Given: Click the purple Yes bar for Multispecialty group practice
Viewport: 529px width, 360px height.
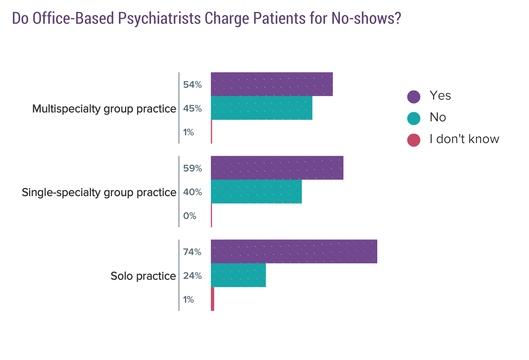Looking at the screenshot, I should [271, 84].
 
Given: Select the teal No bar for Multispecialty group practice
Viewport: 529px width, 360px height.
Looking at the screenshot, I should [261, 108].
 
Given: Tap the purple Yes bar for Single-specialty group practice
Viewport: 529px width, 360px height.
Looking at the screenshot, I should [277, 168].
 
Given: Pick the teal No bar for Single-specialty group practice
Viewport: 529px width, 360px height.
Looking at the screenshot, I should [256, 191].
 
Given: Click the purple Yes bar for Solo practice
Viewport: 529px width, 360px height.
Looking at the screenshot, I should [294, 251].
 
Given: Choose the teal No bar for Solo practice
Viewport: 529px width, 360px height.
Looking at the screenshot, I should [238, 275].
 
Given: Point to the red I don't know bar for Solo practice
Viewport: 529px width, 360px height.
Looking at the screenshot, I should [212, 299].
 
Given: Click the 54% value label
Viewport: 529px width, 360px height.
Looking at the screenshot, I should [192, 85].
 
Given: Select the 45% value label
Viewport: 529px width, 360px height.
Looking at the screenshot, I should [192, 109].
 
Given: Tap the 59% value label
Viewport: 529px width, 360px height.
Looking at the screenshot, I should [192, 169].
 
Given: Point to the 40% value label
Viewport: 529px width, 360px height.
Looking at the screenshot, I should [192, 192].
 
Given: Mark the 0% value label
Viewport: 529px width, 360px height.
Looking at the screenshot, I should [190, 216].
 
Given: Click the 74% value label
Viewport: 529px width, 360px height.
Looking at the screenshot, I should [192, 252].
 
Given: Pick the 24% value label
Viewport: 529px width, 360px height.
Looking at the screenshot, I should [192, 276].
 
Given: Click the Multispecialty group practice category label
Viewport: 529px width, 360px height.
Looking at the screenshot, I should [104, 109].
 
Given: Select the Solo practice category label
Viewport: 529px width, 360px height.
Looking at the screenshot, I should [143, 276].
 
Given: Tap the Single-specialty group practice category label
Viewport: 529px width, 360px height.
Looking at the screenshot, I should [99, 193].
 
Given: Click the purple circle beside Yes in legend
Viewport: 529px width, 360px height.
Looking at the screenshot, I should [413, 96].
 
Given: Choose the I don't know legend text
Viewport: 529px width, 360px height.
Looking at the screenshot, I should [464, 139].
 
